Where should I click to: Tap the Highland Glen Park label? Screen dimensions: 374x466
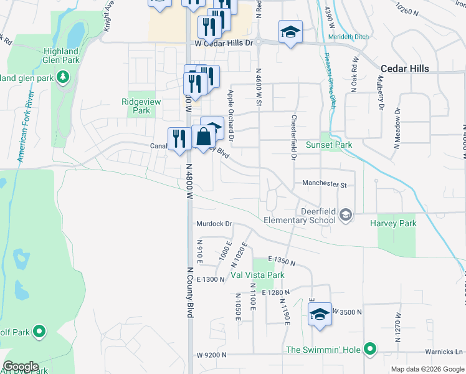point(60,55)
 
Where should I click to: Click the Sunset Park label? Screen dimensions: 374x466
point(329,145)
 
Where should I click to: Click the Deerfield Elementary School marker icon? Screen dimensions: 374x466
point(346,216)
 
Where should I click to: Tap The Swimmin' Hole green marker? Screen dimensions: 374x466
point(370,349)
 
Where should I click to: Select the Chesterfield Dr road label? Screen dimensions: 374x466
point(293,137)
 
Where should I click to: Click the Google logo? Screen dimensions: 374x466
point(21,367)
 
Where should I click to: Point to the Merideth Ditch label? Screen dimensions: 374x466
point(348,37)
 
